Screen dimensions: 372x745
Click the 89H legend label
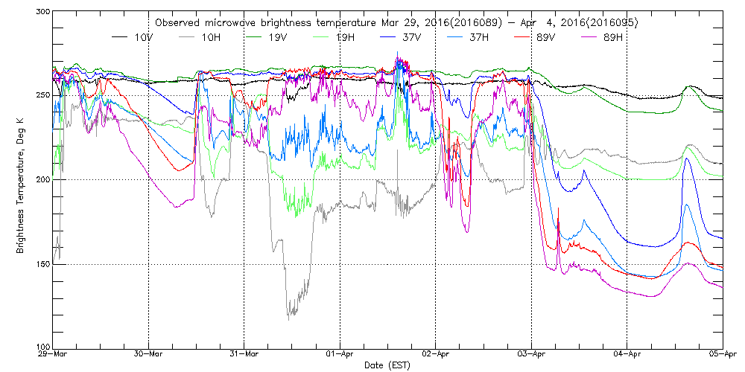tap(606, 36)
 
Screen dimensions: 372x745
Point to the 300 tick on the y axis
tap(41, 12)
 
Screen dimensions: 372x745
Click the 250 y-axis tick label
tap(41, 95)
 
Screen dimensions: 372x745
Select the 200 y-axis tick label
tap(41, 179)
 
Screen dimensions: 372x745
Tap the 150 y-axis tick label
tap(41, 263)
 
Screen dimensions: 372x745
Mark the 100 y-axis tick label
tap(41, 347)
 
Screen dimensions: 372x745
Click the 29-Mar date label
tap(52, 355)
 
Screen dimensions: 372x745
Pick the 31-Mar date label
tap(244, 355)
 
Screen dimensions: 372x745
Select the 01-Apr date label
tap(340, 355)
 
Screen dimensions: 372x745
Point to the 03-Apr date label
tap(531, 355)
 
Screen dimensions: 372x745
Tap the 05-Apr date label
tap(723, 355)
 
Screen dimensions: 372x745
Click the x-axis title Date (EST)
tap(387, 365)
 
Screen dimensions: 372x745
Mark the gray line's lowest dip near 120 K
tap(289, 318)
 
